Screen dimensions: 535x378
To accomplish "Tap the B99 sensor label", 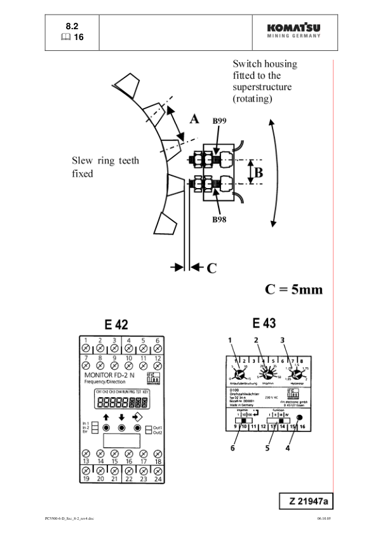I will tap(220, 120).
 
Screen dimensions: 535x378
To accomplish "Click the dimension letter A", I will tap(194, 119).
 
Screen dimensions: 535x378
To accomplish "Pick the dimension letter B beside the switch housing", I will tap(259, 172).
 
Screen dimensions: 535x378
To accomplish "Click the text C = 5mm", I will tap(294, 290).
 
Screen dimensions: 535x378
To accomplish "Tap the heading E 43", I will tap(264, 323).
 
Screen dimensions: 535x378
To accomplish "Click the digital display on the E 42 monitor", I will tap(122, 402).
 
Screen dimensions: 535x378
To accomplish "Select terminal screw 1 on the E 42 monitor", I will tap(85, 348).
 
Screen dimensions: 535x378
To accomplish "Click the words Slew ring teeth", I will tap(105, 161).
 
